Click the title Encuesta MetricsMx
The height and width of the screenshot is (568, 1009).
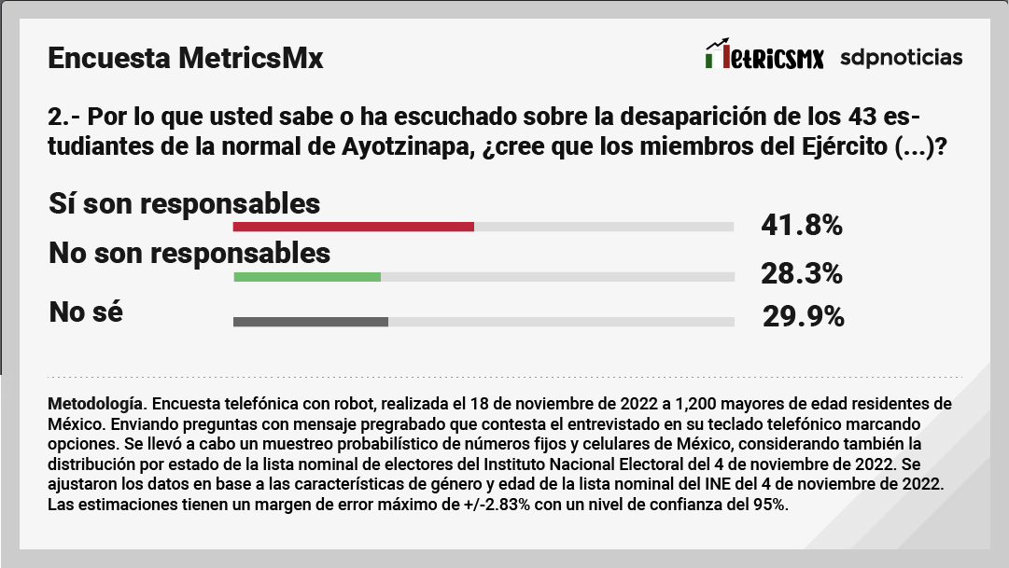[185, 59]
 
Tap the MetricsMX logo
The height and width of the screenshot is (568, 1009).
[764, 57]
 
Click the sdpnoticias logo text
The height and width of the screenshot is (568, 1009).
[901, 57]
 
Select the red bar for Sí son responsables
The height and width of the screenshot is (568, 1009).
[354, 227]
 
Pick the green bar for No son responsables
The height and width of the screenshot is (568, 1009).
[307, 277]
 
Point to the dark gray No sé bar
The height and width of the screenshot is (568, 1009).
[311, 323]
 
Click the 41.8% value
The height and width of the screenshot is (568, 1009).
[803, 226]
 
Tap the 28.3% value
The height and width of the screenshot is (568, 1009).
[803, 274]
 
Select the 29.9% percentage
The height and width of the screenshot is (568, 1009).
[803, 318]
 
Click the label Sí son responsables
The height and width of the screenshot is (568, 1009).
[184, 203]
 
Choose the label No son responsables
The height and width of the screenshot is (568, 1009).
[189, 253]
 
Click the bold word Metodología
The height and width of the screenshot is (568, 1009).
[94, 404]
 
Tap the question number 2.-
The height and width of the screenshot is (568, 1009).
[64, 118]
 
